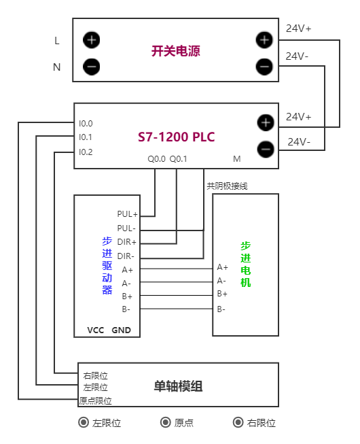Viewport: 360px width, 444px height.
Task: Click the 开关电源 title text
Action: [x=175, y=51]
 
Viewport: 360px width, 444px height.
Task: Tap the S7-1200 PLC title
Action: [x=176, y=137]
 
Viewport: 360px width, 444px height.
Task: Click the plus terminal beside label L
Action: [x=92, y=40]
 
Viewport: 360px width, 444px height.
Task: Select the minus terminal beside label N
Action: [x=92, y=67]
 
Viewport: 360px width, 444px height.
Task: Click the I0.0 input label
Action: [x=86, y=124]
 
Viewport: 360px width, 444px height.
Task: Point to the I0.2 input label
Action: [x=86, y=152]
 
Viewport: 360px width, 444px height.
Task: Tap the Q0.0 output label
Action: [x=156, y=159]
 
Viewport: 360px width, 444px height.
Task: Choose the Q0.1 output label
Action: [x=178, y=159]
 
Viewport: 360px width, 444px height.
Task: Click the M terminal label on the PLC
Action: [x=237, y=159]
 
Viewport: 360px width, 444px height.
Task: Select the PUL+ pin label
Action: [x=127, y=214]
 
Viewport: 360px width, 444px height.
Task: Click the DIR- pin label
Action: [x=126, y=256]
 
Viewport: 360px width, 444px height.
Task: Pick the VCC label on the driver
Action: [x=95, y=330]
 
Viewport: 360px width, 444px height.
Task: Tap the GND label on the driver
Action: [x=121, y=330]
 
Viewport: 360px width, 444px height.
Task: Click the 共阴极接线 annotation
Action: [x=227, y=185]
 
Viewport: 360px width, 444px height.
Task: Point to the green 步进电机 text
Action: [x=245, y=264]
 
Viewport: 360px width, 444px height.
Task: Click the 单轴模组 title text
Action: [x=179, y=386]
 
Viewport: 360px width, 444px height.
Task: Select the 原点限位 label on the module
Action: [x=95, y=401]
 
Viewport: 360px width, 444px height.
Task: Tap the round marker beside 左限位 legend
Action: [x=84, y=423]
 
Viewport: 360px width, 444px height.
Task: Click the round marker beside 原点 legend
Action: [x=165, y=423]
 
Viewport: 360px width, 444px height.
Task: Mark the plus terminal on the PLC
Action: [x=266, y=123]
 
